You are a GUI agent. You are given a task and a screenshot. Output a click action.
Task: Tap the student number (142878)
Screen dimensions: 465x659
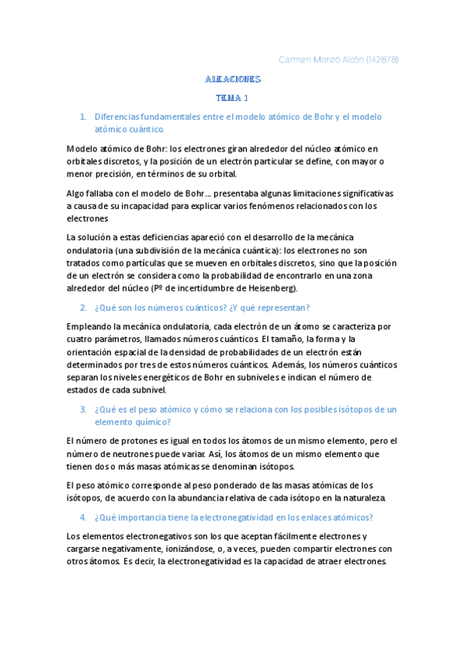click(x=380, y=60)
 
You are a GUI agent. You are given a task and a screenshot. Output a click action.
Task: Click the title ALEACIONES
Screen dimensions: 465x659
click(x=233, y=80)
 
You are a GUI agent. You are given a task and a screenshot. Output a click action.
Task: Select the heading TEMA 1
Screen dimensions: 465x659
click(x=232, y=99)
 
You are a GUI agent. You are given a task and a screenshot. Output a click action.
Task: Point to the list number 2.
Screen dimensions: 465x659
click(x=83, y=308)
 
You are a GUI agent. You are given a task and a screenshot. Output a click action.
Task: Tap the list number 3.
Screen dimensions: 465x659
click(x=83, y=410)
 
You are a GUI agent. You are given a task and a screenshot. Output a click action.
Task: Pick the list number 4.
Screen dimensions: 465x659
click(x=83, y=517)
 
